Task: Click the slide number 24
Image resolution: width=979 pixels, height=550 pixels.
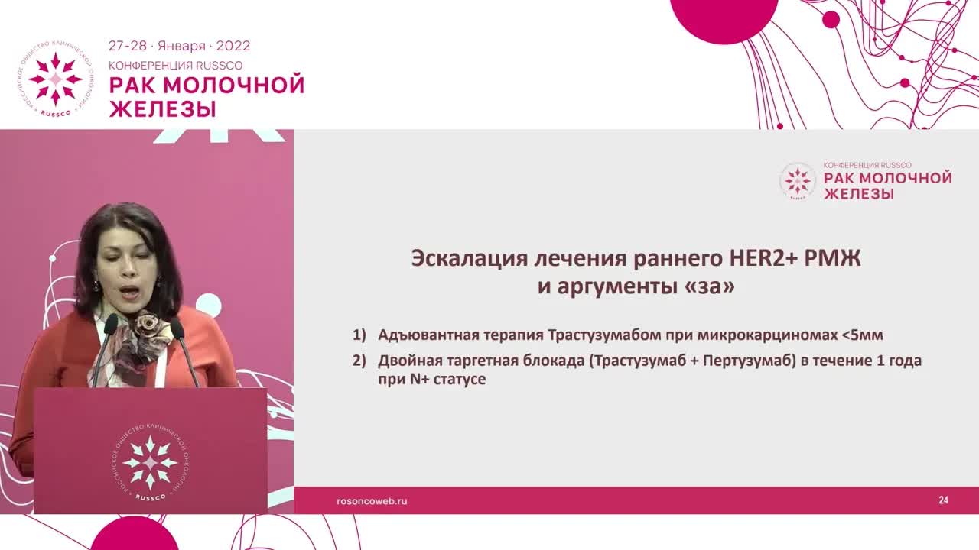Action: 943,500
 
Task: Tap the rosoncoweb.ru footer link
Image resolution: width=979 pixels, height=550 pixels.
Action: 372,501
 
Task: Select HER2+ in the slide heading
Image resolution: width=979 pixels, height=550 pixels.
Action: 756,258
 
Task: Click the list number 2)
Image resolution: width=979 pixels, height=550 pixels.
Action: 359,361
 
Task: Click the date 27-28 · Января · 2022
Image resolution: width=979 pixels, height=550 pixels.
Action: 179,46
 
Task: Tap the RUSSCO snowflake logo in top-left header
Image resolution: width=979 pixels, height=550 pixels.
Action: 55,79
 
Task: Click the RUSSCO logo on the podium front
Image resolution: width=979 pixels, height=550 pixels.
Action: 150,463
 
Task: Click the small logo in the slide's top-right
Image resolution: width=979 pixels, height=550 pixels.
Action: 797,182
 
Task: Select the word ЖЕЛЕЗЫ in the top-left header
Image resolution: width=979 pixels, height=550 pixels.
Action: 162,108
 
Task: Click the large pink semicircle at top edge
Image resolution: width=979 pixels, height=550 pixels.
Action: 724,19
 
